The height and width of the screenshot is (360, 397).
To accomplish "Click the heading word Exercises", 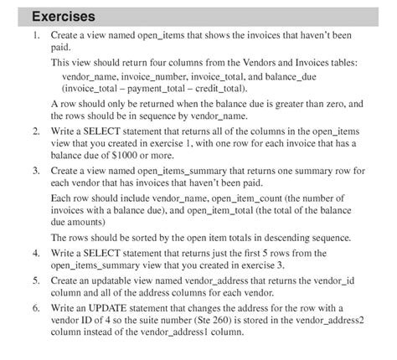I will (x=63, y=16).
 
